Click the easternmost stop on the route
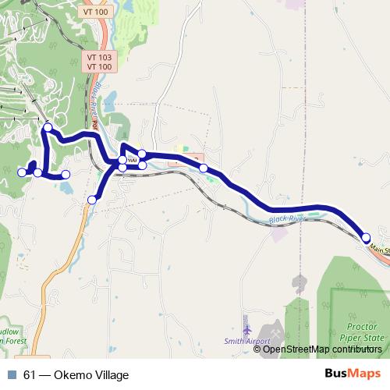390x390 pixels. [366, 237]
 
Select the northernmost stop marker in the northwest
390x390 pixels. [48, 127]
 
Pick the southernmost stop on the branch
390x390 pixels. [92, 200]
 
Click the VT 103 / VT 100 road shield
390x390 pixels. [99, 62]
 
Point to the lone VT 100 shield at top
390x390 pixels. [95, 12]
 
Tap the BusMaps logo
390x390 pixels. [353, 374]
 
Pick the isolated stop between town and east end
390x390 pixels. [204, 168]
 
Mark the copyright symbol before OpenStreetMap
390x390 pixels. [258, 349]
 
